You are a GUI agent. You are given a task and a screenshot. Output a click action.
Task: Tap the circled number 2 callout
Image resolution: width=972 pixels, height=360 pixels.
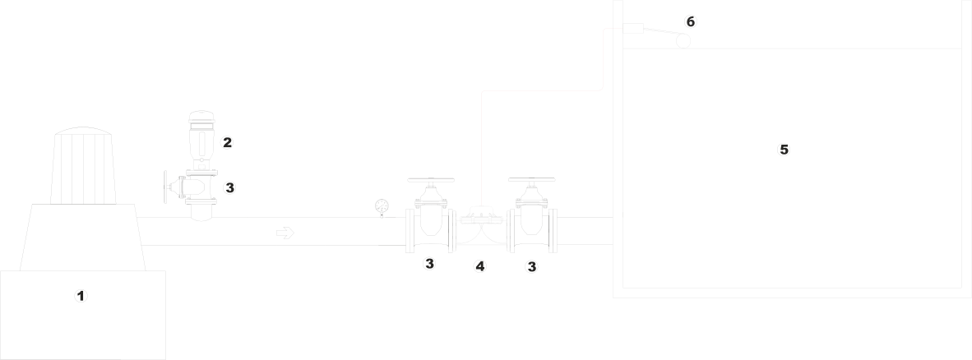coord(227,142)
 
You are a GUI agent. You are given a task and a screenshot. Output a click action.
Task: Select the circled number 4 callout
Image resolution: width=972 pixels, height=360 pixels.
coord(479,265)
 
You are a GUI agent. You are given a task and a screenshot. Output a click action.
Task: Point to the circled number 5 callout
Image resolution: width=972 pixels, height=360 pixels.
coord(784,150)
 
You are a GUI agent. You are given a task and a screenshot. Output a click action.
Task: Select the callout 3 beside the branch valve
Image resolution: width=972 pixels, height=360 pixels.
coord(230,187)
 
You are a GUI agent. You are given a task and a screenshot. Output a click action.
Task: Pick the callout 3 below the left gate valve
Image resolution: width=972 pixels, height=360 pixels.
coord(428,264)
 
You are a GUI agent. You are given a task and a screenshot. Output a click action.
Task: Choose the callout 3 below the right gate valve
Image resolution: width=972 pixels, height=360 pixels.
coord(532,265)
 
